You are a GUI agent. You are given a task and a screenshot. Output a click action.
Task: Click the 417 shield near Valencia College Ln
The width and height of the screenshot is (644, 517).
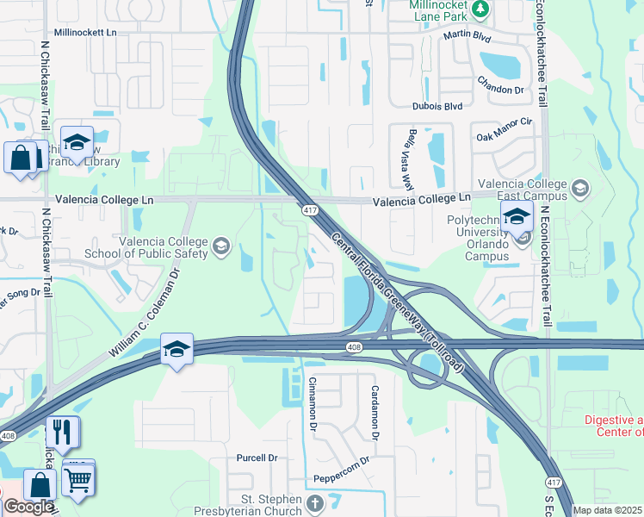tap(309, 209)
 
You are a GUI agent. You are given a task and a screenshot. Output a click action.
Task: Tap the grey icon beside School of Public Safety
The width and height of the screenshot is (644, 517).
tap(221, 248)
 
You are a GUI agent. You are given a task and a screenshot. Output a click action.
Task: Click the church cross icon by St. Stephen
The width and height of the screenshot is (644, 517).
tap(315, 503)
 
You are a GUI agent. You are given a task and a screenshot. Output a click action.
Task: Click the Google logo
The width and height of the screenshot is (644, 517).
tap(28, 507)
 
